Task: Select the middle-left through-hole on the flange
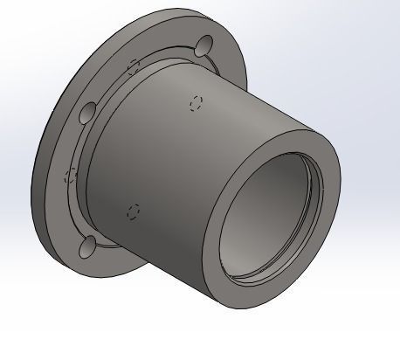pos(87,114)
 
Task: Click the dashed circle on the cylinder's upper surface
pos(197,102)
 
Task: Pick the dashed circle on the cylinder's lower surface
pos(134,211)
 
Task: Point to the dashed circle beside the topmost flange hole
pos(134,66)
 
